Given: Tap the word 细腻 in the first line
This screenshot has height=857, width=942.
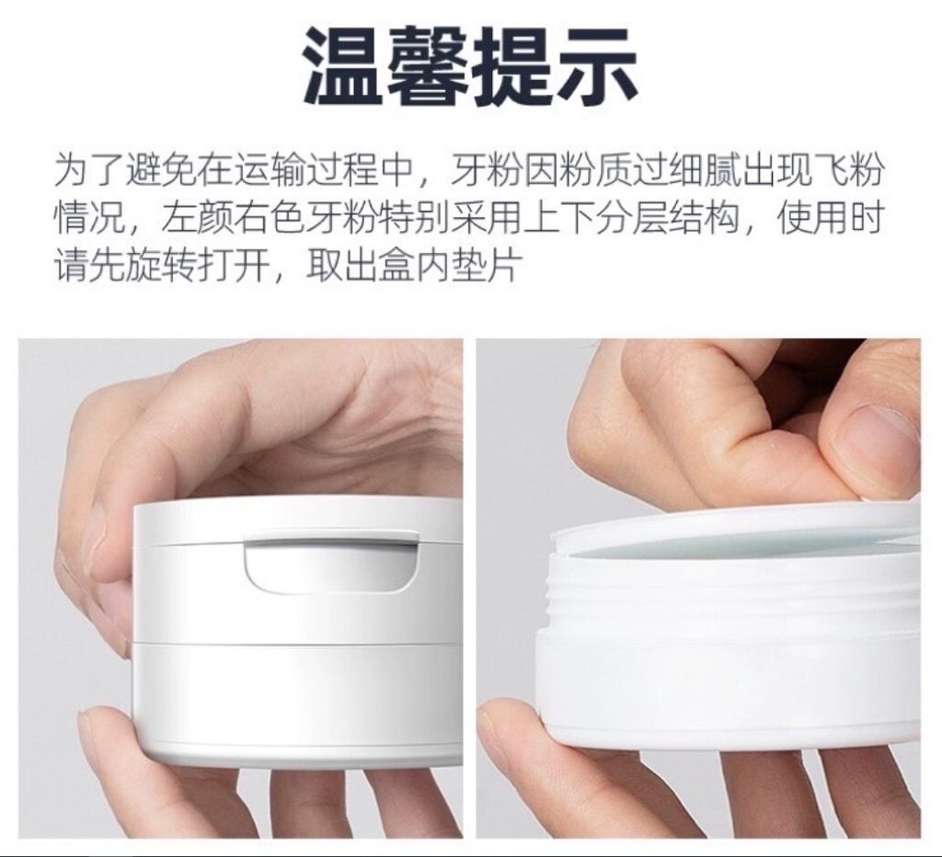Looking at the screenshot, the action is tap(705, 171).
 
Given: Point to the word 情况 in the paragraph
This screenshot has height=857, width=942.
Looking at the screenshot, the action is tap(90, 219).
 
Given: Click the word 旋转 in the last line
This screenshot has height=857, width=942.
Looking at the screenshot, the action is tap(161, 265).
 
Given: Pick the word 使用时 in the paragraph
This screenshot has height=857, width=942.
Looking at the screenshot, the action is tap(832, 219).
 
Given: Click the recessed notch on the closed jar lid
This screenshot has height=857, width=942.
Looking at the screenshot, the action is tap(331, 562).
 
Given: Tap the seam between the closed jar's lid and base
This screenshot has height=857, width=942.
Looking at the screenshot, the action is tap(297, 643).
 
